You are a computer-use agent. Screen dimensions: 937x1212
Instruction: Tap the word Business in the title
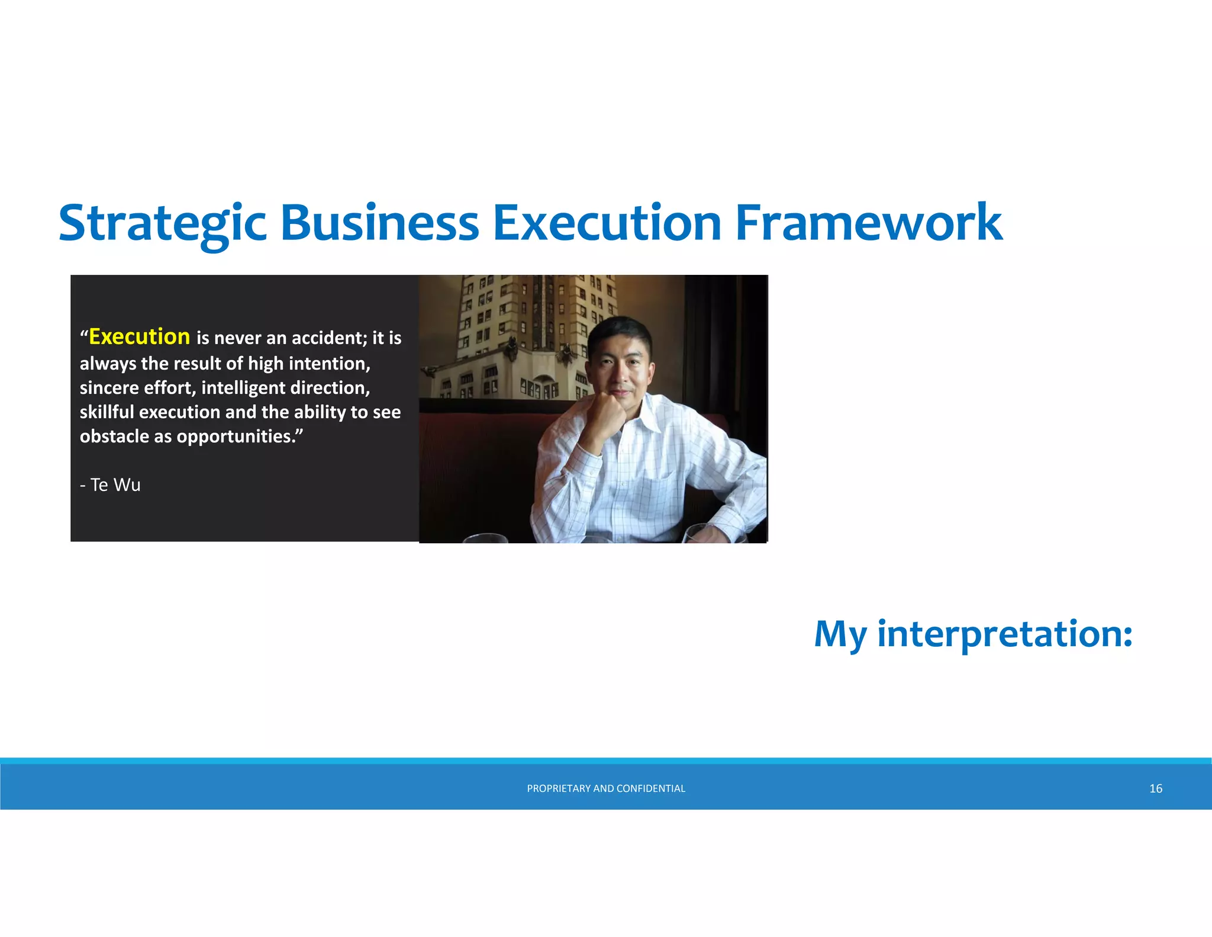[x=379, y=224]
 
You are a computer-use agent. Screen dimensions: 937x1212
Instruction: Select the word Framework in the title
[x=868, y=224]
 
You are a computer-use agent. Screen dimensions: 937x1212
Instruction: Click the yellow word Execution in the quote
[x=139, y=336]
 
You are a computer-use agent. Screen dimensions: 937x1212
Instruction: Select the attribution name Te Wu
[x=115, y=484]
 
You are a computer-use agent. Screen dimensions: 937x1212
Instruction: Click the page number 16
[x=1155, y=788]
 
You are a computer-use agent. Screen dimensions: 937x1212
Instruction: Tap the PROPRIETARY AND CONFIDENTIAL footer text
[x=605, y=788]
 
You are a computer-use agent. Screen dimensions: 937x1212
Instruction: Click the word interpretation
[x=1004, y=634]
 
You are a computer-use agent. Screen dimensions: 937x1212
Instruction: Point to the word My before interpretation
[x=840, y=634]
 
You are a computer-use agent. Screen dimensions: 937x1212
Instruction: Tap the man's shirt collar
[x=648, y=418]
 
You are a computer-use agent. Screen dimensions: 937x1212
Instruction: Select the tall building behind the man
[x=521, y=332]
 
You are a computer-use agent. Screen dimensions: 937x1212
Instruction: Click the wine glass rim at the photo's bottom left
[x=485, y=537]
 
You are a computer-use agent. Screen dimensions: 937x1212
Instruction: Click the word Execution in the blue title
[x=607, y=224]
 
